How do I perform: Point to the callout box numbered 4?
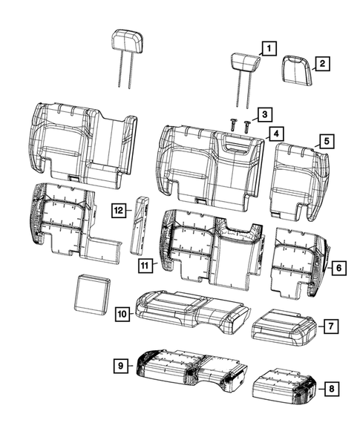(x=275, y=134)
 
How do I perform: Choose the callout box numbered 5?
(x=324, y=139)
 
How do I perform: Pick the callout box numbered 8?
(x=330, y=387)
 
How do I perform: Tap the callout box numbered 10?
(x=122, y=315)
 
